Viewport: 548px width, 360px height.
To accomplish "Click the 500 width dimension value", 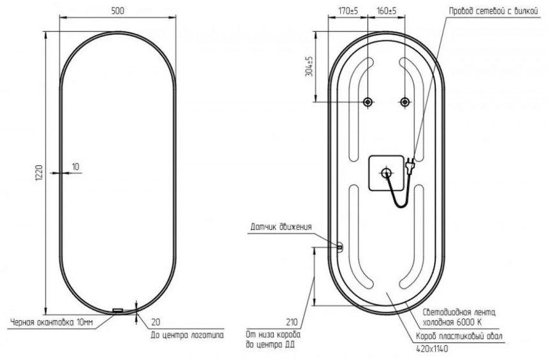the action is (117, 11).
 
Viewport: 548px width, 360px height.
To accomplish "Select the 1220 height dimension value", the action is (39, 173).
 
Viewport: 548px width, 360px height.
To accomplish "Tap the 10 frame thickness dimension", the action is (75, 167).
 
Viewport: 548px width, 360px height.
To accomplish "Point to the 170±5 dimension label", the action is (348, 11).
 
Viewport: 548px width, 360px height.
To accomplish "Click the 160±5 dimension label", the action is (387, 11).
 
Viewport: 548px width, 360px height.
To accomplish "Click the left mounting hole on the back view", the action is (367, 102).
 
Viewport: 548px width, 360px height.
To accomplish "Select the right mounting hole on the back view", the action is (404, 102).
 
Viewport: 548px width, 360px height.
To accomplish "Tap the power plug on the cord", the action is (410, 164).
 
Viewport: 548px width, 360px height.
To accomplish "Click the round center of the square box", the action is (386, 173).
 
